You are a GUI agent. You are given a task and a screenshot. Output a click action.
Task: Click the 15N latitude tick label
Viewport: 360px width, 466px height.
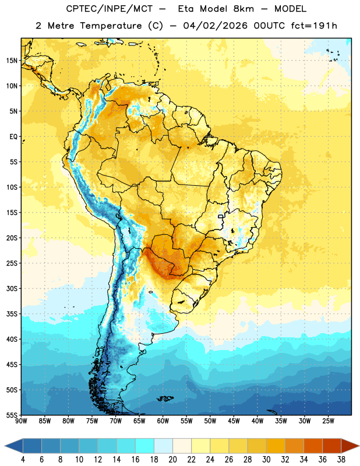12,61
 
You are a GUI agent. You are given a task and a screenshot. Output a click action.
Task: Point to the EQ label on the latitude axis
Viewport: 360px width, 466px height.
13,137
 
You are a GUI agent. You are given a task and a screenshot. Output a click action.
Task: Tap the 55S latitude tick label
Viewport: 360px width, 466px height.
12,415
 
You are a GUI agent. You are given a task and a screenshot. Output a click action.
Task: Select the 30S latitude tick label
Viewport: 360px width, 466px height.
12,288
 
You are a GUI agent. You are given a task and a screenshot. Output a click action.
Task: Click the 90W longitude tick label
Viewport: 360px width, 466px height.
21,421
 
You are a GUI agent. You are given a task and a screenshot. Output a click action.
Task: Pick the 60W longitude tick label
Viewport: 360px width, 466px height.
163,421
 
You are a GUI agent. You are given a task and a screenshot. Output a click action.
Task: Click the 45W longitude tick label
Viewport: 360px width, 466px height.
234,421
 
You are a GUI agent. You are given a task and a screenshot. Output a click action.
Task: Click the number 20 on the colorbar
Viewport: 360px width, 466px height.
172,460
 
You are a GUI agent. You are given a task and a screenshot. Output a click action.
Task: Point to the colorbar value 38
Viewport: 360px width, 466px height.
341,460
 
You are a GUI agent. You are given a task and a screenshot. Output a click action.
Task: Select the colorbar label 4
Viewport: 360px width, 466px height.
23,460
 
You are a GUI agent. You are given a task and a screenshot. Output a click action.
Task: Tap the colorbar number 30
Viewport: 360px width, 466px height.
266,460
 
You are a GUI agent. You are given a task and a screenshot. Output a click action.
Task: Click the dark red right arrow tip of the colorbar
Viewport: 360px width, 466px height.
359,446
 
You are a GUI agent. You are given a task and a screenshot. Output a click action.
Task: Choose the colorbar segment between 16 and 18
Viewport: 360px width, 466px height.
145,446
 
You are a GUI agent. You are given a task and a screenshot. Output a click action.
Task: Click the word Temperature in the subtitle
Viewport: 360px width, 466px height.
111,26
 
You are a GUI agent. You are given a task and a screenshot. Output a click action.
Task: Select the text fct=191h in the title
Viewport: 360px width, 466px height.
314,26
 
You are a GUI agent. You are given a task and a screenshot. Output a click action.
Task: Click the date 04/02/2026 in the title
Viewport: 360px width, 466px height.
215,26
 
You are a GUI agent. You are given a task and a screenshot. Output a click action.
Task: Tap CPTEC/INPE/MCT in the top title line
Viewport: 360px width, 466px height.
110,9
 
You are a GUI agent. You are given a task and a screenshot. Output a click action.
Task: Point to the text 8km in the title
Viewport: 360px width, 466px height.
243,9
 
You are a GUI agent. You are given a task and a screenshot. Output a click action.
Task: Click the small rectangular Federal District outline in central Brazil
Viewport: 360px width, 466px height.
221,216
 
